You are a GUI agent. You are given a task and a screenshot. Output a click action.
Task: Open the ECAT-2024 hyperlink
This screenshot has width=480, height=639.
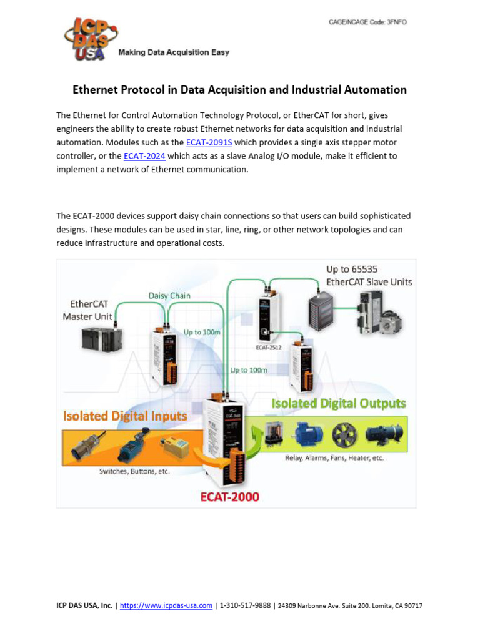click(x=144, y=156)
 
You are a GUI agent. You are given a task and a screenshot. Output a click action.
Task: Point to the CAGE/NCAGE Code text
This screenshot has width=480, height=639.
click(x=368, y=22)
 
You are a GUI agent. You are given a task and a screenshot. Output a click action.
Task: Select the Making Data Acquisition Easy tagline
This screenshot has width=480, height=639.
click(x=174, y=52)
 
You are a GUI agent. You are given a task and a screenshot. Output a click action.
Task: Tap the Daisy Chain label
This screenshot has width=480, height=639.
click(x=169, y=295)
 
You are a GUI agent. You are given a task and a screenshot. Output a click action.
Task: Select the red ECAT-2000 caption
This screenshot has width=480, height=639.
click(x=230, y=497)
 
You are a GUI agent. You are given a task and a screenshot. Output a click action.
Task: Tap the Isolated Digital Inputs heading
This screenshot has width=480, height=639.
click(x=124, y=416)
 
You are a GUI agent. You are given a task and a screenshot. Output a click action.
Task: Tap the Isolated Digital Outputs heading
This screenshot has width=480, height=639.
click(x=338, y=404)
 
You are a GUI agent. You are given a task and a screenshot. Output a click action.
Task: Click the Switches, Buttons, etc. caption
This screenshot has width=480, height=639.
click(x=134, y=472)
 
